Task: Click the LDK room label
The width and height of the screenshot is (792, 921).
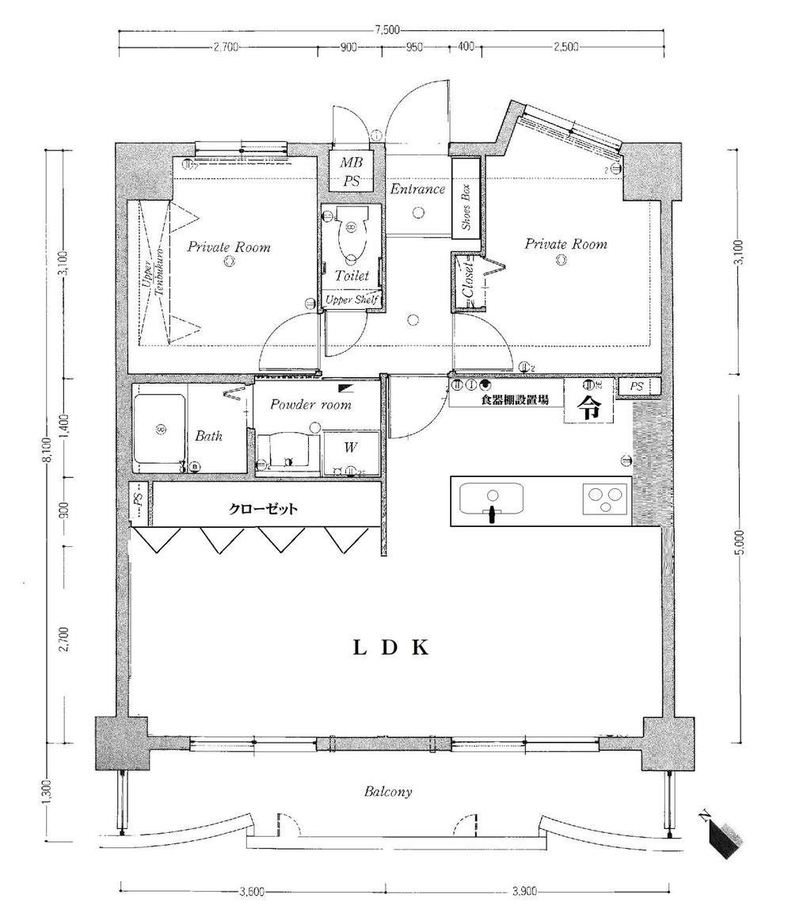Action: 390,648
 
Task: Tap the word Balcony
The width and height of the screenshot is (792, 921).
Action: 388,792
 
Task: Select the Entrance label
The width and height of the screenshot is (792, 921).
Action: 417,189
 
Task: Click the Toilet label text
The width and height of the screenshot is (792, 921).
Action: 352,276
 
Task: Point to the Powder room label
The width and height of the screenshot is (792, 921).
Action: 310,404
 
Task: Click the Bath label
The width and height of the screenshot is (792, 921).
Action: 209,436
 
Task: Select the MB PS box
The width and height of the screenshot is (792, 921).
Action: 351,172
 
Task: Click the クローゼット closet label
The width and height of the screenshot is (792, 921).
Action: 263,510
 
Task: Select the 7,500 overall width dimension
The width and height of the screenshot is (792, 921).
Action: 387,31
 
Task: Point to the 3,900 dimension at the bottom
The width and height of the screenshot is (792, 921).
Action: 524,892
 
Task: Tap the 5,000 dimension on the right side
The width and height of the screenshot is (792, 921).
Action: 739,546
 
